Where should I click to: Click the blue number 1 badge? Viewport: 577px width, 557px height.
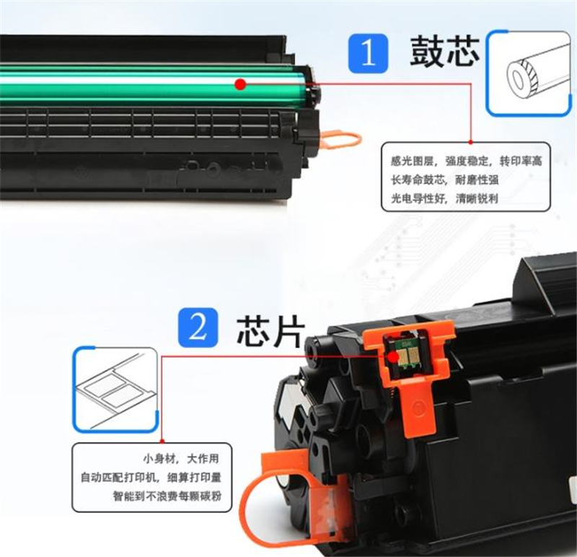[x=368, y=53]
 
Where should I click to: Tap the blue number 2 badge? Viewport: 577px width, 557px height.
[x=198, y=328]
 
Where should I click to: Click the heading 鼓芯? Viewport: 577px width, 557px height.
[x=444, y=51]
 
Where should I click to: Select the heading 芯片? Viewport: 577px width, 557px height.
[x=270, y=332]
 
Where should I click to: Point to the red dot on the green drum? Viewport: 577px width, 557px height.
[x=241, y=84]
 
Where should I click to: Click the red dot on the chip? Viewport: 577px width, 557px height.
[x=393, y=356]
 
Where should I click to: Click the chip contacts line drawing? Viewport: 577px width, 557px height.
[x=115, y=389]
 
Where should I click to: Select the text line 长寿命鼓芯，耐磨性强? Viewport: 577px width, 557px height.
[x=444, y=180]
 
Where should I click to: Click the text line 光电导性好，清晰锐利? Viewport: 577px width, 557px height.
[x=444, y=199]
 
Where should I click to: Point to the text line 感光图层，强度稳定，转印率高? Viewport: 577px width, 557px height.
[x=466, y=161]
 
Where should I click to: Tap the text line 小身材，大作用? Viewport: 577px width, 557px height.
[x=181, y=459]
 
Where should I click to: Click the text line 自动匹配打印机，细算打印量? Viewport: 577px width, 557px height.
[x=151, y=478]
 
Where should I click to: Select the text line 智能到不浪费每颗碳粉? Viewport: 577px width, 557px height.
[x=167, y=496]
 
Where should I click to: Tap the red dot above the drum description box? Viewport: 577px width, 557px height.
[x=470, y=141]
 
